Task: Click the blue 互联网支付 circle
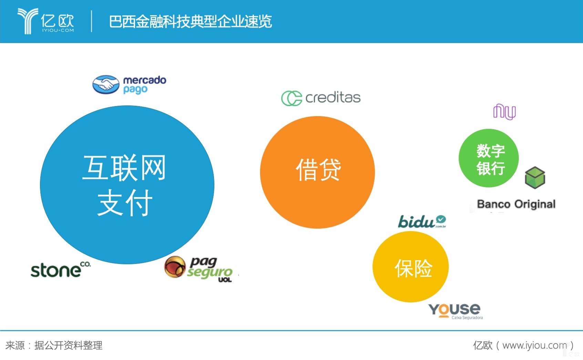[127, 185]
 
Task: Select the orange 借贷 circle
[317, 172]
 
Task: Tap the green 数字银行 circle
[489, 158]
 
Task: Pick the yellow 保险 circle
[410, 267]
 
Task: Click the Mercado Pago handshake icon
[106, 85]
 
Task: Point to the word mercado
[145, 80]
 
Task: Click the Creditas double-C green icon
[291, 98]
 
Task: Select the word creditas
[333, 97]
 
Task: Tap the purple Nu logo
[504, 112]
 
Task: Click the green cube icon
[535, 177]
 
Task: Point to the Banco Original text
[516, 204]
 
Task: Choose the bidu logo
[422, 222]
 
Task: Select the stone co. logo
[61, 269]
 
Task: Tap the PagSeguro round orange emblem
[175, 267]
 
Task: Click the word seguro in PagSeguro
[210, 272]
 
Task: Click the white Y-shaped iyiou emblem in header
[28, 21]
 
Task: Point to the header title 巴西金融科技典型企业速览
[190, 21]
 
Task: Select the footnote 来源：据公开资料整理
[54, 346]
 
